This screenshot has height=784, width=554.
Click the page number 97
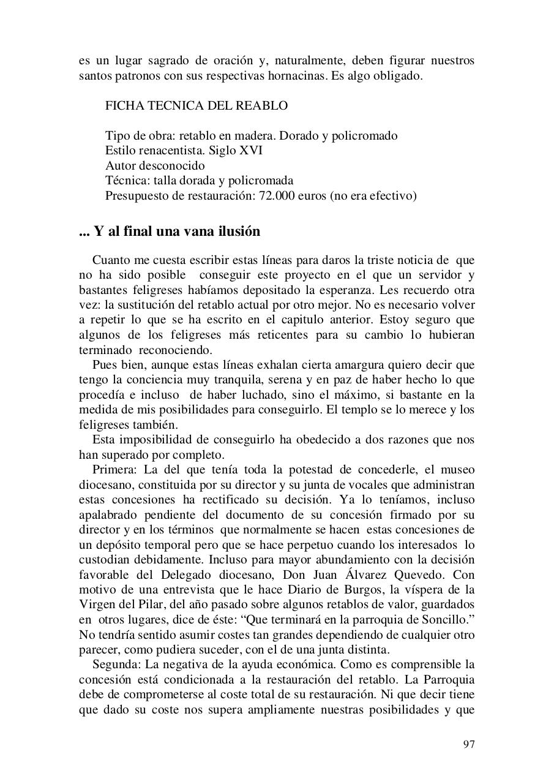[x=468, y=744]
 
